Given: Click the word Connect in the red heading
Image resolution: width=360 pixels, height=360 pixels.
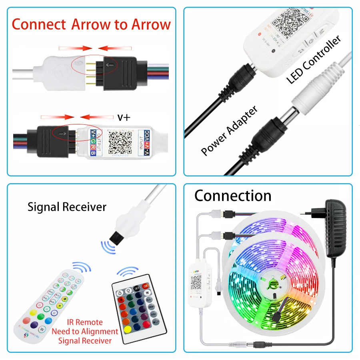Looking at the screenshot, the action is pyautogui.click(x=38, y=24).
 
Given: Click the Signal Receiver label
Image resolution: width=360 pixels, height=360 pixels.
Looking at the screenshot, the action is pyautogui.click(x=67, y=207).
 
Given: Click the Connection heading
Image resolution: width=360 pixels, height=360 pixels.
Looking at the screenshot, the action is pyautogui.click(x=233, y=196).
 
